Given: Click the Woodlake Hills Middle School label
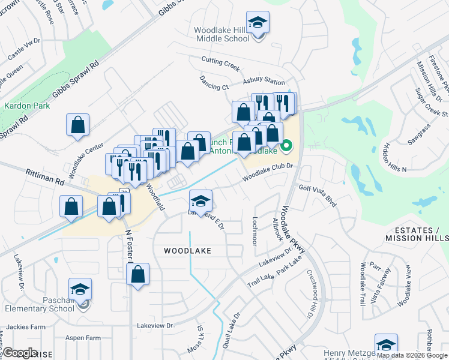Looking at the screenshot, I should (x=222, y=34).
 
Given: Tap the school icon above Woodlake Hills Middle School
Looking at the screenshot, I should (x=258, y=23).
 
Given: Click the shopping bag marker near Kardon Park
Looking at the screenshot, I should (x=78, y=125).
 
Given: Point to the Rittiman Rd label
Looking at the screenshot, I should (x=44, y=176).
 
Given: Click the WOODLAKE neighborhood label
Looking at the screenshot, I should (x=187, y=251).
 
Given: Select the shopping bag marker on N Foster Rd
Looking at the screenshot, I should (x=138, y=275).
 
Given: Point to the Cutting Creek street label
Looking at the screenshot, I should (x=220, y=62).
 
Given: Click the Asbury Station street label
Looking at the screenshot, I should (x=264, y=81).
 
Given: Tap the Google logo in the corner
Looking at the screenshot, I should (x=21, y=353).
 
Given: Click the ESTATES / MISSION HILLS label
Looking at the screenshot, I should (x=417, y=234).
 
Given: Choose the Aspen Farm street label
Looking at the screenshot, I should (x=84, y=338).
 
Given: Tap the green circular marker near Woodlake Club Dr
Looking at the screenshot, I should (x=287, y=145).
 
